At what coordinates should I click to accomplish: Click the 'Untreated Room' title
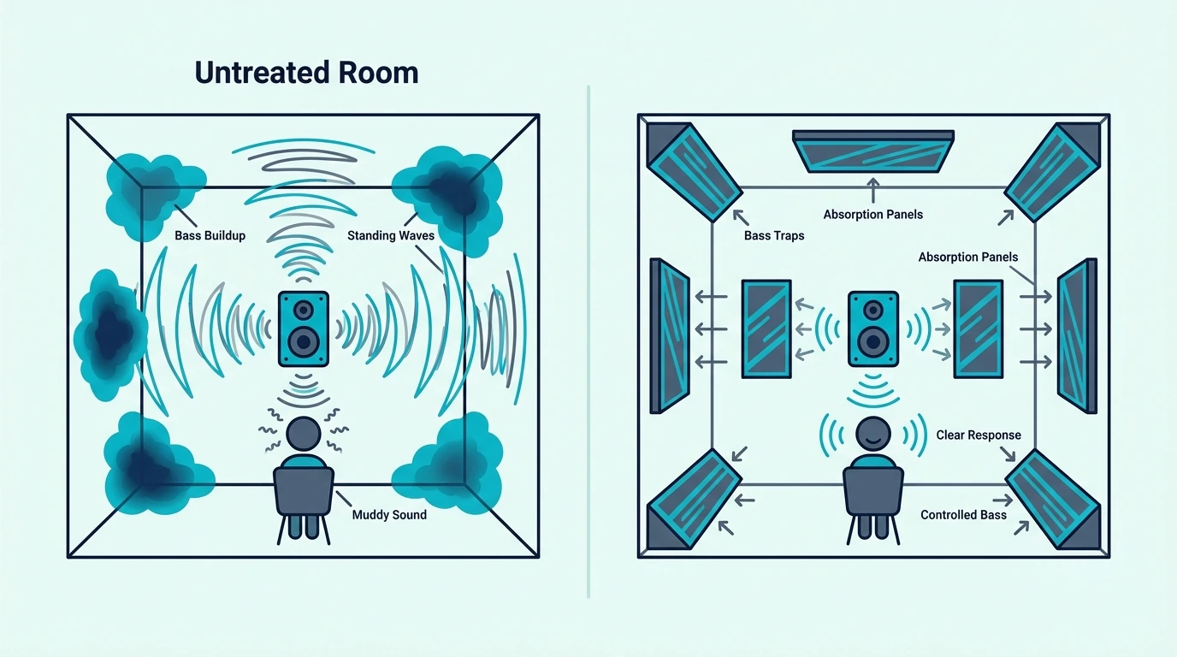click(x=306, y=73)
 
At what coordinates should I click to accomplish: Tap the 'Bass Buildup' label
click(x=210, y=235)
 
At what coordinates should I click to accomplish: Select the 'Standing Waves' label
click(x=391, y=235)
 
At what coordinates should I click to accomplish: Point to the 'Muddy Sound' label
click(x=389, y=514)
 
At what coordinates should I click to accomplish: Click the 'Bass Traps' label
click(x=774, y=235)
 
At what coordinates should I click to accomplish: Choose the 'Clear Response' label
click(x=979, y=435)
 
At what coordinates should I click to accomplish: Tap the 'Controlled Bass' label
click(x=963, y=514)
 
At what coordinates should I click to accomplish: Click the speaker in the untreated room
click(x=304, y=329)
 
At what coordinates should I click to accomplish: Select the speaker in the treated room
click(x=873, y=329)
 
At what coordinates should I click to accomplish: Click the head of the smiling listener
click(x=873, y=434)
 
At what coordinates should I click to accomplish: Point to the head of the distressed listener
click(x=304, y=434)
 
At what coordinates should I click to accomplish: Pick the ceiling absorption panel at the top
click(x=873, y=151)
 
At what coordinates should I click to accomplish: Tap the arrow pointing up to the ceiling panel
click(x=873, y=190)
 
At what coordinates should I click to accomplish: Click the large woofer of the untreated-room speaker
click(x=304, y=342)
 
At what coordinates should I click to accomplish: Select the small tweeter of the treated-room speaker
click(x=873, y=310)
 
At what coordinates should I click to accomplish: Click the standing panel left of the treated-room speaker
click(x=766, y=329)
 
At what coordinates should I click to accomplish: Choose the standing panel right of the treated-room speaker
click(x=979, y=329)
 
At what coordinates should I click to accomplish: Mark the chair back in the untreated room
click(x=304, y=491)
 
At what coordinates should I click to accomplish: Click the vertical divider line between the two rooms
click(x=588, y=341)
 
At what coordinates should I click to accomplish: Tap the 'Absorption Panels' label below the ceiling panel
click(x=873, y=215)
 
